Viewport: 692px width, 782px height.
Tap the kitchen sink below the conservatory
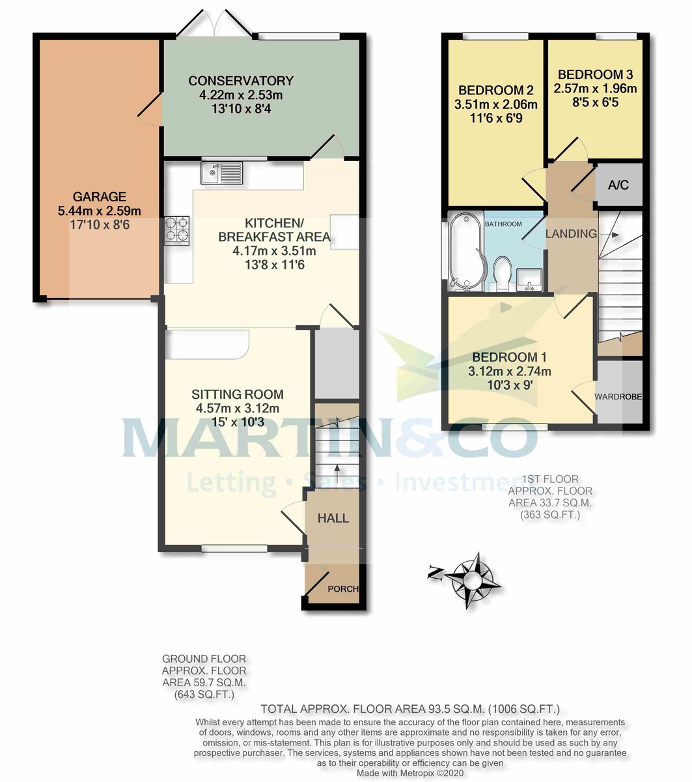221,173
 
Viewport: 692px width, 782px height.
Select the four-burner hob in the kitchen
178,229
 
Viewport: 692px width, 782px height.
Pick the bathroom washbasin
530,278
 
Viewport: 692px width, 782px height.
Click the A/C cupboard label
618,185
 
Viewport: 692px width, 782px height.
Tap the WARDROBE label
619,396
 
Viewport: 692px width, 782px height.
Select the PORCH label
342,588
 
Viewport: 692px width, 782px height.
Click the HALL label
333,518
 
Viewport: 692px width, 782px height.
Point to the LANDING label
571,234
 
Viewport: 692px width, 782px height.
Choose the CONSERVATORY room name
241,81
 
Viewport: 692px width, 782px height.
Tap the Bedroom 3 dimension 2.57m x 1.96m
595,88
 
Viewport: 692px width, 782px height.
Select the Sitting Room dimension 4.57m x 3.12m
238,409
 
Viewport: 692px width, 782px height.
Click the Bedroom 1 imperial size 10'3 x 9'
510,384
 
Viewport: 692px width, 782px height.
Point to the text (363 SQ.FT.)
549,515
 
